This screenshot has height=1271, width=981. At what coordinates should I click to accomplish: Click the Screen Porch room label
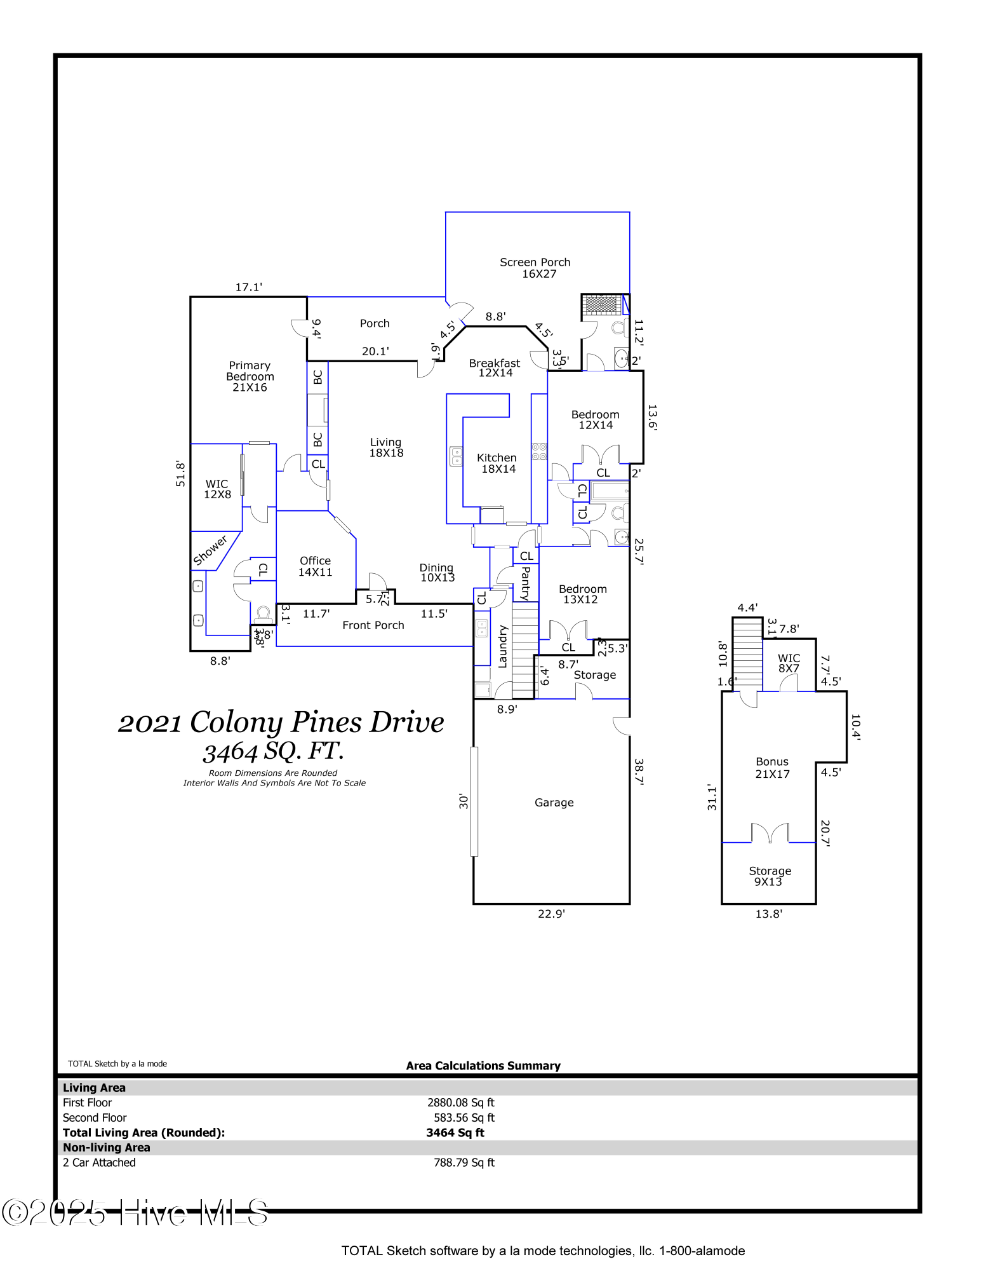click(x=535, y=268)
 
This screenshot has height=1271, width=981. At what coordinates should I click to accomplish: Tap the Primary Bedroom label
click(x=250, y=376)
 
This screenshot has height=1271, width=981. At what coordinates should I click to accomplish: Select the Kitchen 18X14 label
click(x=497, y=463)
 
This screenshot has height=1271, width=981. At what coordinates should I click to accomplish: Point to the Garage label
click(x=554, y=803)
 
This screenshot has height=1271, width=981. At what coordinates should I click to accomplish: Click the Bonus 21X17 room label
click(x=772, y=768)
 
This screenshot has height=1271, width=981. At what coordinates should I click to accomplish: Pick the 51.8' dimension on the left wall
click(x=180, y=474)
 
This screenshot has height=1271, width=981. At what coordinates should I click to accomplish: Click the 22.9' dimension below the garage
click(x=551, y=914)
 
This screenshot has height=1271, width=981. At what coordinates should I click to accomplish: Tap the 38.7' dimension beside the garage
click(x=639, y=772)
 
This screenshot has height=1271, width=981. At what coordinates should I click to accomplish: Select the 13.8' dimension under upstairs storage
click(x=768, y=914)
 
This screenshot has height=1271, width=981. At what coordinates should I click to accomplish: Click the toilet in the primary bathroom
click(x=263, y=615)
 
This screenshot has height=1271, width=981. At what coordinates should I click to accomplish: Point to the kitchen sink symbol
click(x=456, y=456)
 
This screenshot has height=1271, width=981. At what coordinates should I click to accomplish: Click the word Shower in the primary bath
click(x=210, y=550)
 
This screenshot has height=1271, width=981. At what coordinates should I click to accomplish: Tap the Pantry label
click(x=526, y=583)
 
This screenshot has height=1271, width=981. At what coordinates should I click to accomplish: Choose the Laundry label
click(x=503, y=646)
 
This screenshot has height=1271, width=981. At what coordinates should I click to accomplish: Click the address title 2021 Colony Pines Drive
click(x=281, y=723)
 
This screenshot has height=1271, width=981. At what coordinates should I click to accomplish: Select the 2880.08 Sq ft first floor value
click(x=460, y=1103)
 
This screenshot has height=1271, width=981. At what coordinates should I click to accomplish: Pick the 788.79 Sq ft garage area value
click(x=464, y=1162)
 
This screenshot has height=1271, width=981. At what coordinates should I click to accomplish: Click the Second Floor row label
click(x=95, y=1117)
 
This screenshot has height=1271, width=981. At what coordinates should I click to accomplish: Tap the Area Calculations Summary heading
click(x=483, y=1066)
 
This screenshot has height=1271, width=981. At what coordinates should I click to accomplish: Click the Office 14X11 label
click(x=316, y=566)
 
